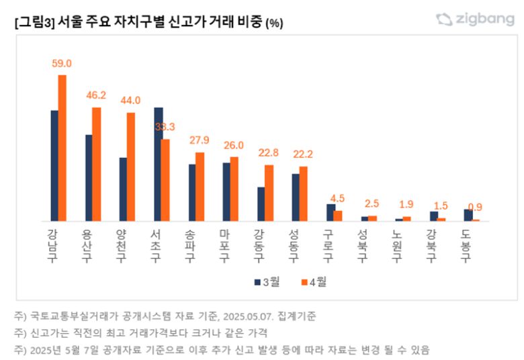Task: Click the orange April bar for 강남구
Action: click(62, 148)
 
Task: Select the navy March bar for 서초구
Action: click(158, 164)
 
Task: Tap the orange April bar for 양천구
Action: click(131, 167)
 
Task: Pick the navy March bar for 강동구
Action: click(261, 204)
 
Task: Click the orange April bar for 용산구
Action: click(96, 164)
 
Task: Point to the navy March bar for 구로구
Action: click(330, 212)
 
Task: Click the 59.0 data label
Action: click(62, 63)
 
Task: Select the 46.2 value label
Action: click(96, 95)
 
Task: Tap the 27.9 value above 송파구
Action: click(200, 140)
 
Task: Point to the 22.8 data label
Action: click(268, 152)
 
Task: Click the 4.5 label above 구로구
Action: click(337, 197)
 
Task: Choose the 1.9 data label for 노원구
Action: click(406, 204)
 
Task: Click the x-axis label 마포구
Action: click(224, 245)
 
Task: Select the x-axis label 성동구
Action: click(294, 245)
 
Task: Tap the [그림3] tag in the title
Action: click(33, 22)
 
